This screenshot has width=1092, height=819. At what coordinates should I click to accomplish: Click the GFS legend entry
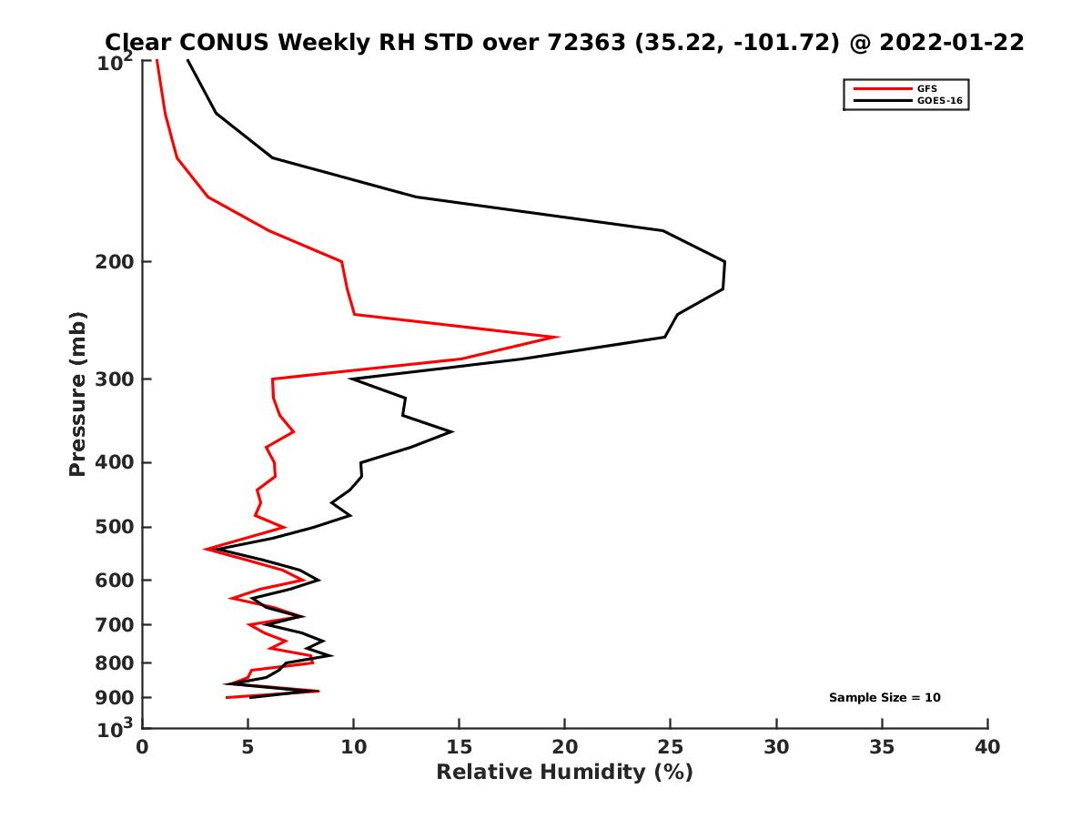click(928, 88)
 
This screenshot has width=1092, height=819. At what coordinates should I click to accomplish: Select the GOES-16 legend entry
click(938, 100)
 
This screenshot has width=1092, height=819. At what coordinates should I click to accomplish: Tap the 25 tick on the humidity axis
click(671, 748)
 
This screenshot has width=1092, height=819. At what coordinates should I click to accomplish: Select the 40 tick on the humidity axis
click(987, 748)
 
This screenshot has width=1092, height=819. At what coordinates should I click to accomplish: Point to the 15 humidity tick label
click(460, 748)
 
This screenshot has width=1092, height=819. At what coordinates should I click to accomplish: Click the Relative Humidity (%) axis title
click(564, 773)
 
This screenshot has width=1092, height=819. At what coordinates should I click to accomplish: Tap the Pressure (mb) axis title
click(77, 393)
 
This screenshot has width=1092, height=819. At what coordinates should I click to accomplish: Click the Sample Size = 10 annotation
click(885, 698)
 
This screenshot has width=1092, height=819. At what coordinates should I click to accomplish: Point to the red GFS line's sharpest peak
click(557, 337)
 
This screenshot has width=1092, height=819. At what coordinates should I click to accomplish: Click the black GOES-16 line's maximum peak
click(725, 263)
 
